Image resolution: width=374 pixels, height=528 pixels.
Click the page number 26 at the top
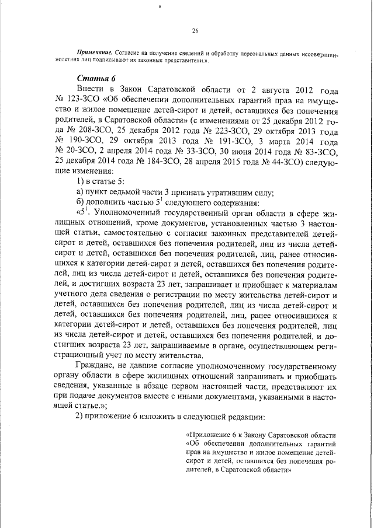tap(195, 31)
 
